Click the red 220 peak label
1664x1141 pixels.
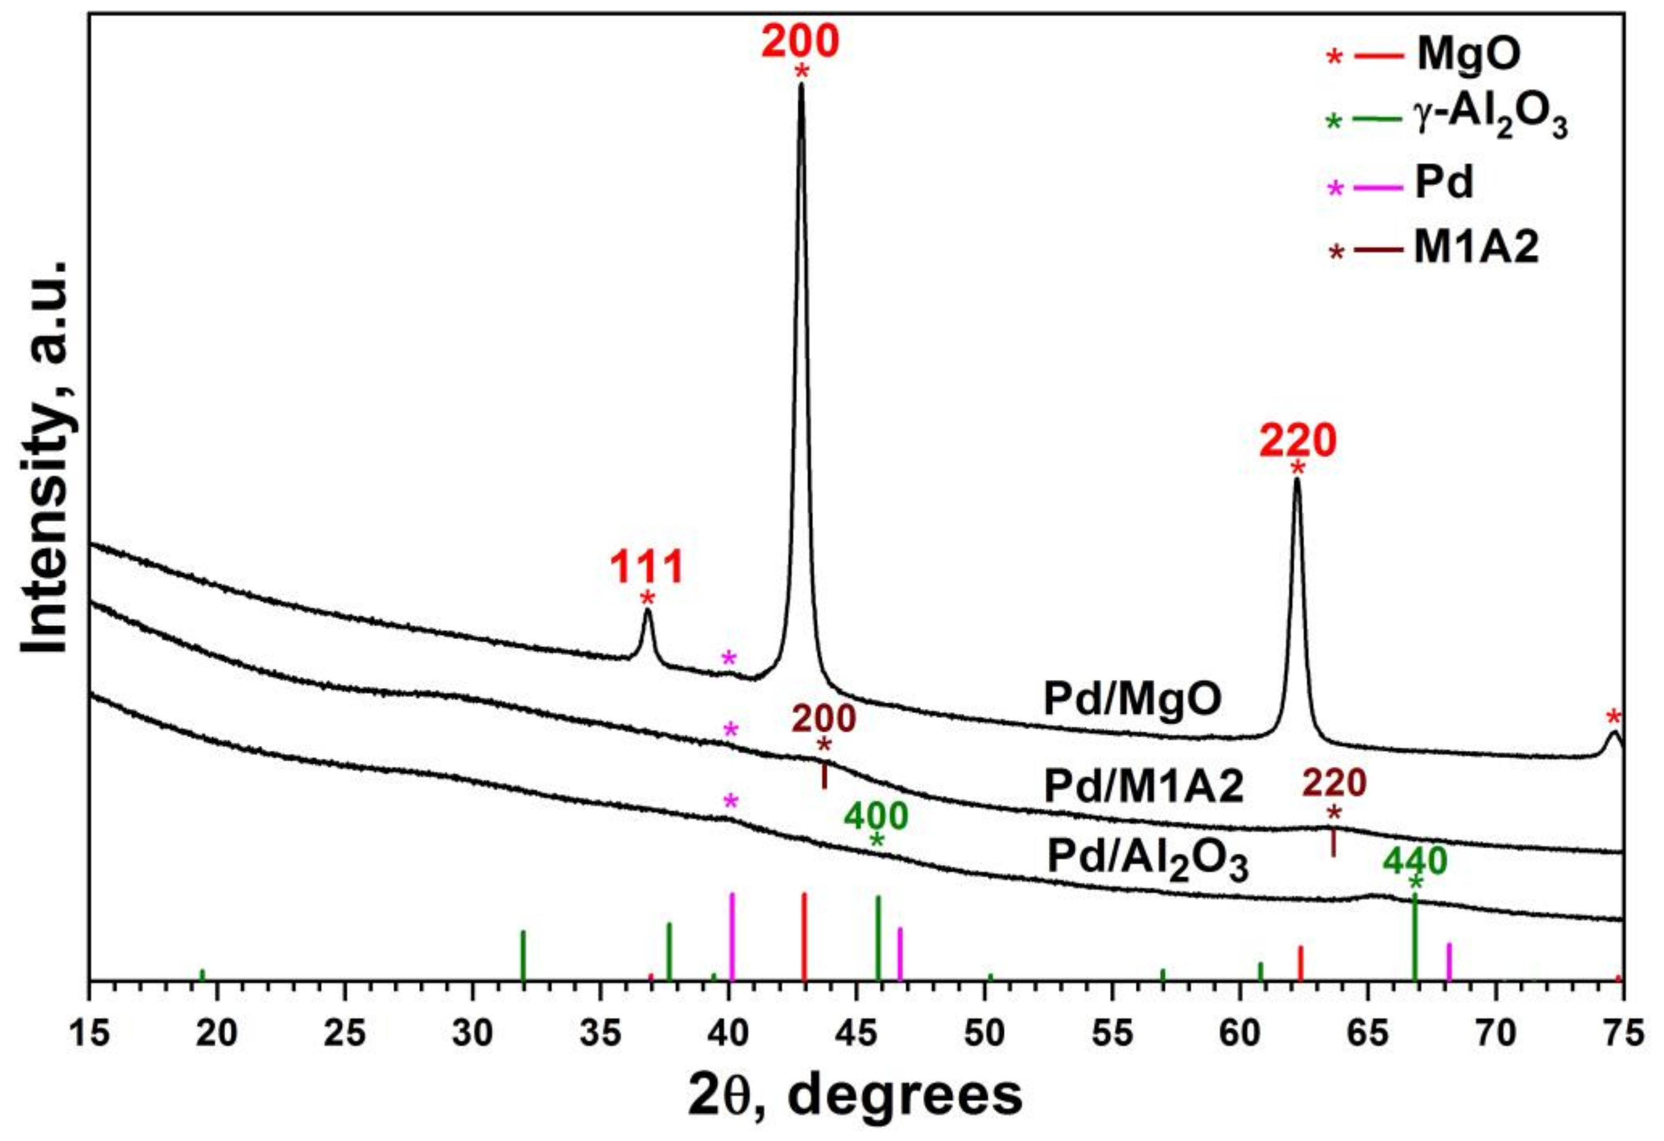tap(1298, 442)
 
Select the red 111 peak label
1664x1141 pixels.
tap(646, 568)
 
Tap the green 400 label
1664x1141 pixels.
tap(875, 816)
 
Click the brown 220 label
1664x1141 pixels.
tap(1333, 784)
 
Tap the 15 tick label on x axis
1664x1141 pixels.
tap(90, 1034)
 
